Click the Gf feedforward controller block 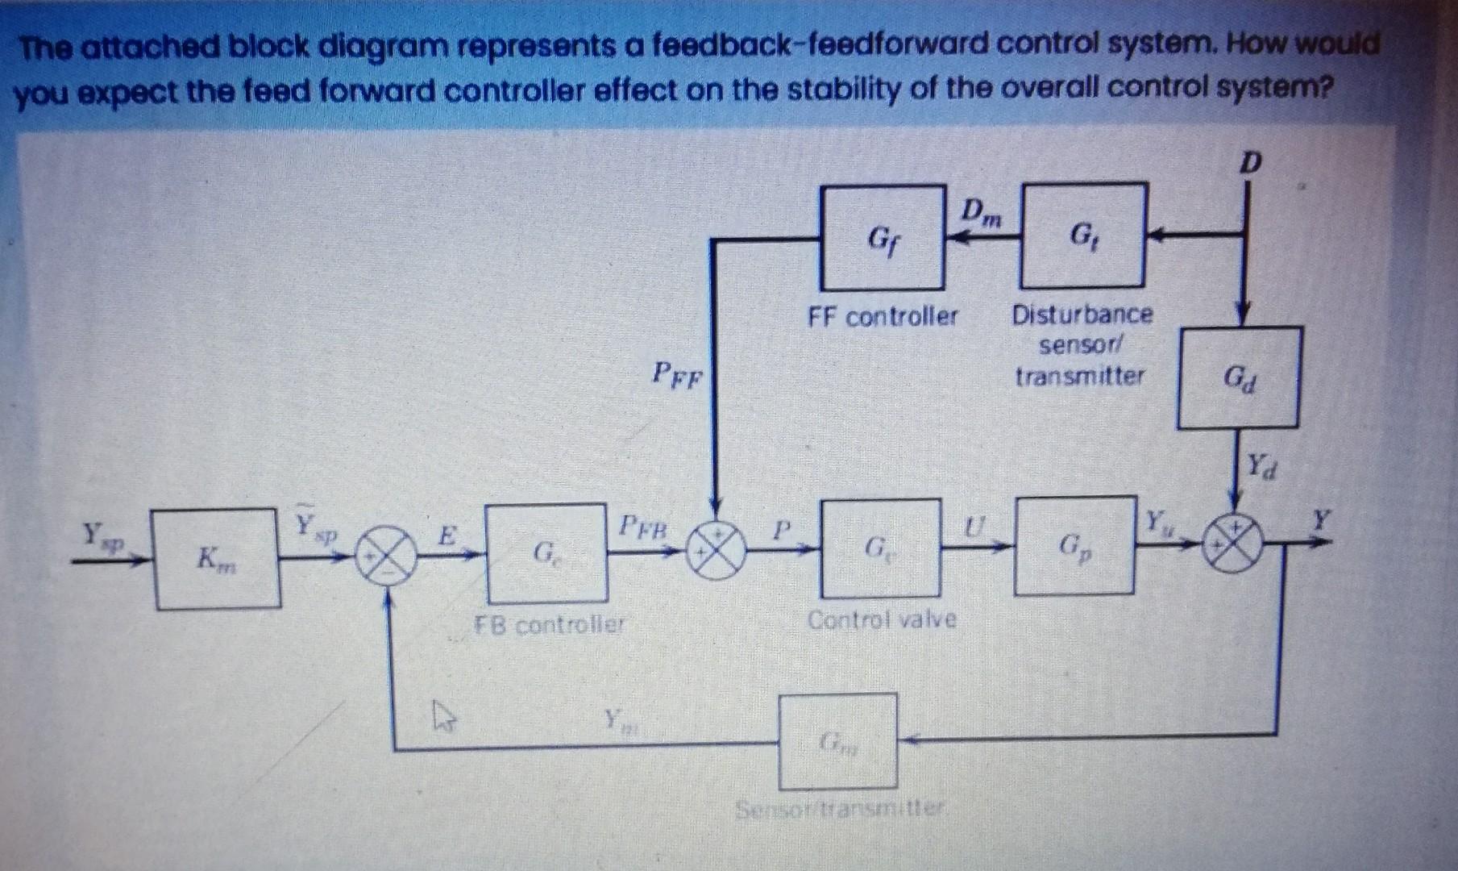pos(883,238)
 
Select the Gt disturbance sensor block pos(1082,236)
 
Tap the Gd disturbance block pos(1239,377)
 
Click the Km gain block pos(217,558)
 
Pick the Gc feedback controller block pos(546,553)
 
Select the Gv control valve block pos(880,548)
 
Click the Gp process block pos(1074,546)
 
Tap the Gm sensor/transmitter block pos(837,740)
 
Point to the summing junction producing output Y pos(1232,544)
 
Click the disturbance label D pos(1248,164)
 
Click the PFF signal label pos(678,374)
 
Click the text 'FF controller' pos(883,316)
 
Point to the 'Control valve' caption pos(882,619)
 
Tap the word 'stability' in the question pos(845,90)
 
